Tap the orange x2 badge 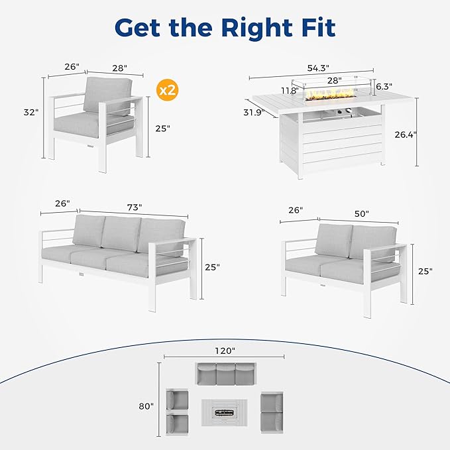(167, 90)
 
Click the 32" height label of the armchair (31, 112)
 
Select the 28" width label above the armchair (120, 68)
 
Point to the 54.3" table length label (318, 68)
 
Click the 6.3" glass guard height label (384, 86)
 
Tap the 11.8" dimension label (290, 91)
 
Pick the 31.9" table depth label (254, 113)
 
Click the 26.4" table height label (405, 135)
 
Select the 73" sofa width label (135, 207)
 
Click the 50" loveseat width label (362, 214)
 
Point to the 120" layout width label (225, 351)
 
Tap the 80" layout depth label (146, 406)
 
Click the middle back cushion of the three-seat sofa (121, 233)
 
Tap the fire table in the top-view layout (224, 412)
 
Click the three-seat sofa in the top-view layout (226, 374)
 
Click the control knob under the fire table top (349, 110)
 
